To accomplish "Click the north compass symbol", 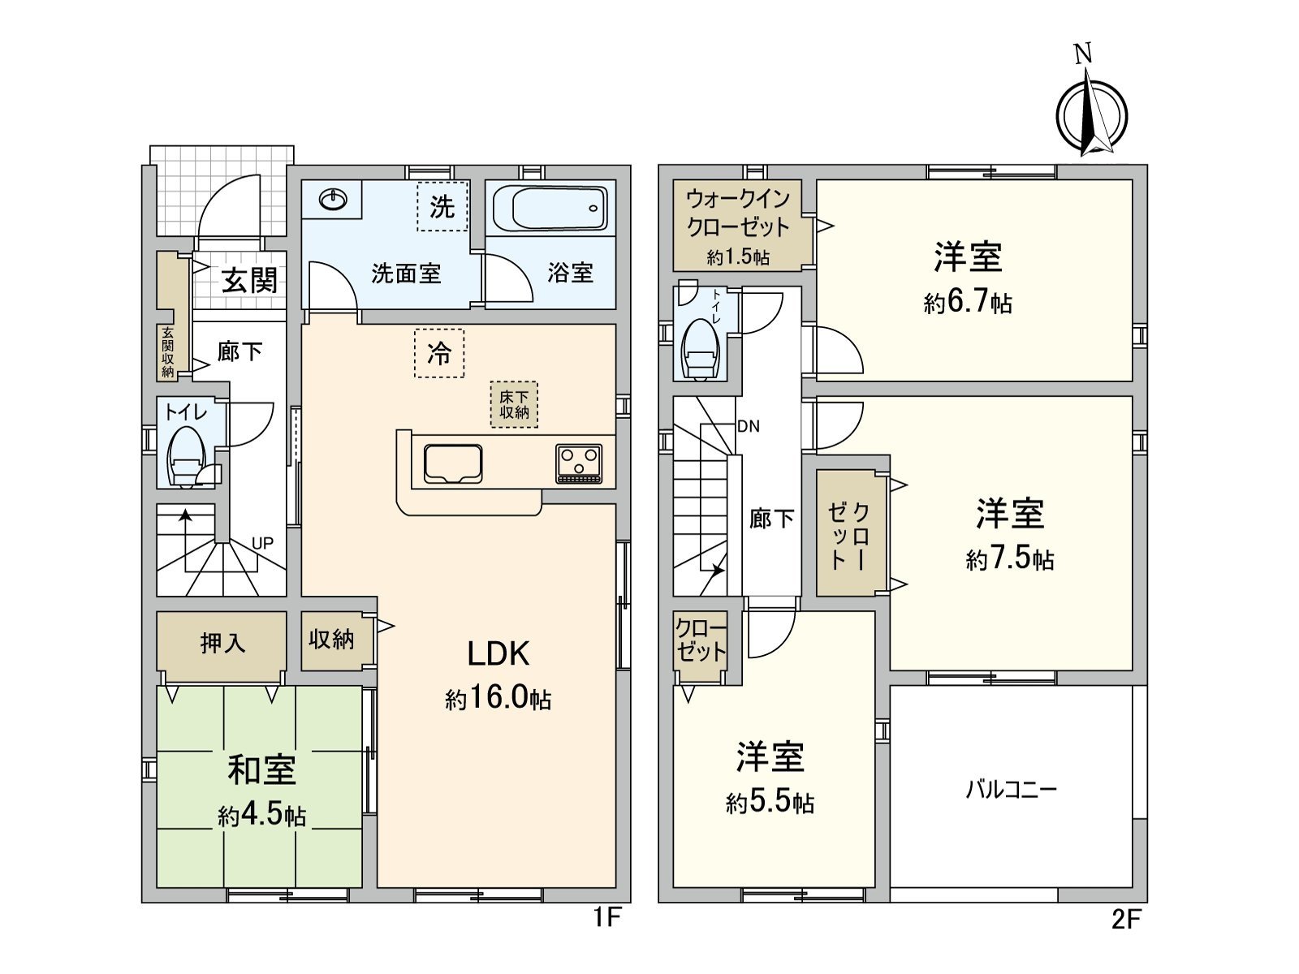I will click(x=1091, y=114).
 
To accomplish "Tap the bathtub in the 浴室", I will click(x=550, y=209).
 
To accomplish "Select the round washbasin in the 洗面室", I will click(x=333, y=199).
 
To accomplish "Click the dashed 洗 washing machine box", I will click(x=442, y=207).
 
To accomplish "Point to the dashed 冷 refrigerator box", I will click(x=439, y=353).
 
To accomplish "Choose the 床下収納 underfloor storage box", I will click(x=514, y=404).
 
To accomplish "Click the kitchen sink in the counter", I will click(x=453, y=464).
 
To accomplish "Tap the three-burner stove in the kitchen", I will click(x=579, y=463).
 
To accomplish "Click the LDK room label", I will click(x=498, y=654).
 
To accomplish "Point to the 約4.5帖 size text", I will click(x=261, y=815).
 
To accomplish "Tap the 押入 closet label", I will click(x=222, y=644).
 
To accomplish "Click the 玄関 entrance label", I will click(x=250, y=281).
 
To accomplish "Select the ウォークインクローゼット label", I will click(x=737, y=213).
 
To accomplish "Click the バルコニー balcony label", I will click(x=1011, y=789).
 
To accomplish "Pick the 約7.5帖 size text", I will click(x=1010, y=559).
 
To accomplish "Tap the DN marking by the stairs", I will click(x=749, y=426).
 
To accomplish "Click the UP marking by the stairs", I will click(x=262, y=543).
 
